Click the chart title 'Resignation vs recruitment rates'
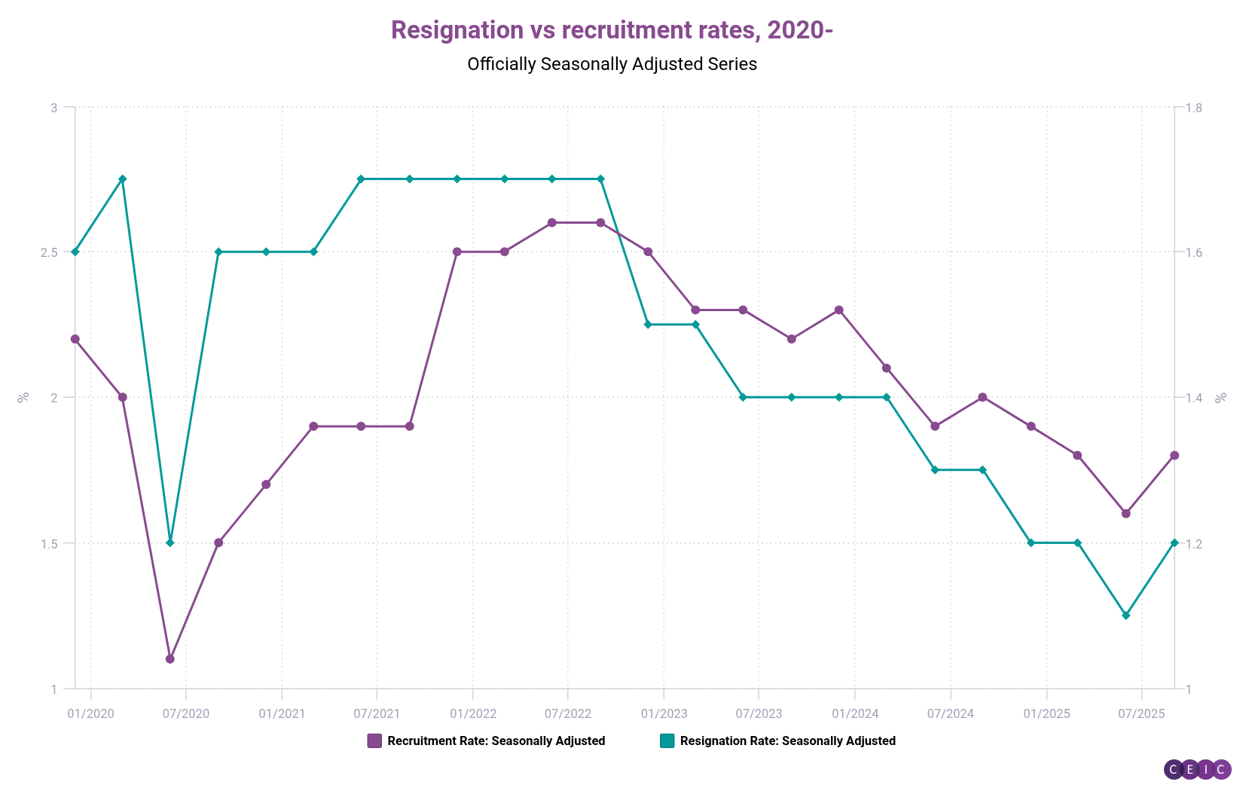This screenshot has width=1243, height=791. coord(611,30)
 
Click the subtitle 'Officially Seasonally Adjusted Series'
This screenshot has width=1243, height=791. coord(612,64)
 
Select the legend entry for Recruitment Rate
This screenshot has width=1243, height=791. coord(487,741)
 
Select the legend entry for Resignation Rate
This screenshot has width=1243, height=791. coord(778,741)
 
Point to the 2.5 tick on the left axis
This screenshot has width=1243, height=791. coord(49,252)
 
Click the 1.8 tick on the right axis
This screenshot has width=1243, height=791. coord(1194,108)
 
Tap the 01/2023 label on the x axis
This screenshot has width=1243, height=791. coord(664,713)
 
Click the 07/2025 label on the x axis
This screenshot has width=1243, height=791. coord(1141,713)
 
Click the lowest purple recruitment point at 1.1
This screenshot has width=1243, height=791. coord(169,659)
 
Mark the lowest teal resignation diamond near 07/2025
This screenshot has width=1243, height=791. coord(1126,615)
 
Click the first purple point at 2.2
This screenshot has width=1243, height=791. coord(75,339)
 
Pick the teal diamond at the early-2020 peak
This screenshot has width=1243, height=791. coord(123,179)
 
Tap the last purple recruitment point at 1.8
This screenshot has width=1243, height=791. coord(1174,455)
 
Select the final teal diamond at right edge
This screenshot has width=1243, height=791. coord(1174,542)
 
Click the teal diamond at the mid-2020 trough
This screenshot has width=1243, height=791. coord(169,542)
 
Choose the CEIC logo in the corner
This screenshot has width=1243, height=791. coord(1198,769)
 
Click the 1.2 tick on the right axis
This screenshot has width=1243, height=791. coord(1194,543)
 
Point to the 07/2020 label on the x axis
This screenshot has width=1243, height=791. coord(185,713)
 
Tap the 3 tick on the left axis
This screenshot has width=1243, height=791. coord(53,108)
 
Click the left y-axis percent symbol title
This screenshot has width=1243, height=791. coord(23,397)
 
